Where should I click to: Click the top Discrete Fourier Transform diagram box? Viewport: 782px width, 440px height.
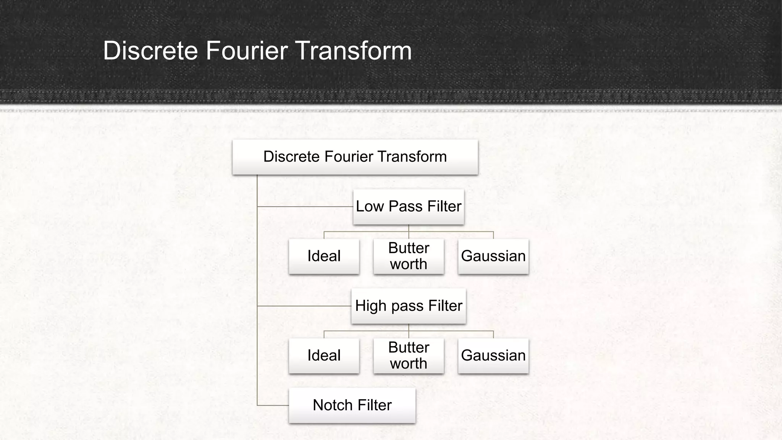[355, 157]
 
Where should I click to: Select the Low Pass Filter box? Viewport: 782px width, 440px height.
[409, 207]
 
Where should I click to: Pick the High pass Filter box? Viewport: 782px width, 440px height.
[409, 306]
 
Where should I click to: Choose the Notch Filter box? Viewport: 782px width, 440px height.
[352, 405]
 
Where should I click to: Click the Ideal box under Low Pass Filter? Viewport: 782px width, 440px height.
[324, 256]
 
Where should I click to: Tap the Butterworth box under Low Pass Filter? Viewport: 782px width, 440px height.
[409, 256]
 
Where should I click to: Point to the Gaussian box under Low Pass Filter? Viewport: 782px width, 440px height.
[493, 256]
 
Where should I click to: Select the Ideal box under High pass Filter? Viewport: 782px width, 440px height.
[324, 356]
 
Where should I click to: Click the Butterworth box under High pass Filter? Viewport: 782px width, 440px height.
[409, 356]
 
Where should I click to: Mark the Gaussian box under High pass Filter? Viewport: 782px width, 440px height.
[493, 356]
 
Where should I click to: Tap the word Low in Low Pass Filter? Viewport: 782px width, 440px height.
[370, 207]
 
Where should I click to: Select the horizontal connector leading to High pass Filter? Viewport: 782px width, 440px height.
[304, 306]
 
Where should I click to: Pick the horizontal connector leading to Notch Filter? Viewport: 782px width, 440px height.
[273, 405]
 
